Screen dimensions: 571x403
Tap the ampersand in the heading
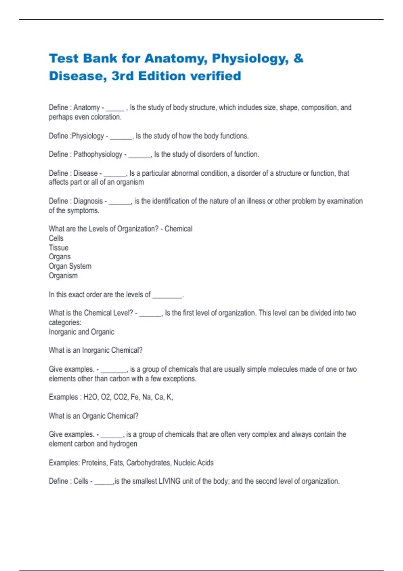coord(298,58)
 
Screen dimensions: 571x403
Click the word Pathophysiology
coord(98,154)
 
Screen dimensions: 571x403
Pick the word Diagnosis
coord(88,201)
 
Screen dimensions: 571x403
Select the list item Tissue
coord(58,248)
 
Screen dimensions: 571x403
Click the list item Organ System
coord(70,266)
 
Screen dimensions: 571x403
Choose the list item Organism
coord(63,275)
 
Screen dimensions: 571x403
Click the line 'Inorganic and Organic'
coord(81,332)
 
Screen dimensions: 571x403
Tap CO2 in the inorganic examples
coord(121,397)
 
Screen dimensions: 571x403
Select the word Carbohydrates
coord(148,463)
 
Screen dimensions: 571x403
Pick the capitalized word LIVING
coord(169,481)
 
